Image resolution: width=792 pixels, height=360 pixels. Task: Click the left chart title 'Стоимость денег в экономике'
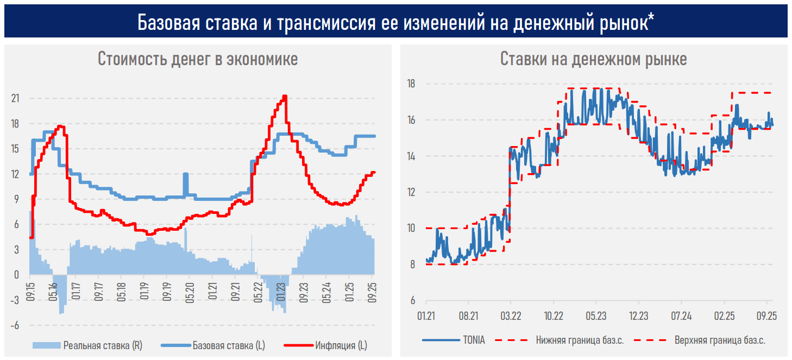[x=198, y=59]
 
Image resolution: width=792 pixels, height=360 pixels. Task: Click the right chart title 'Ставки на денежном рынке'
[x=593, y=59]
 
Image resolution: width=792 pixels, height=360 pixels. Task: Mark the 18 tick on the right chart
[x=411, y=84]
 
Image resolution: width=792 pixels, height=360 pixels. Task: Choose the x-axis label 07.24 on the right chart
[x=681, y=315]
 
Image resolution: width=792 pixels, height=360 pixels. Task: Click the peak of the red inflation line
[x=285, y=97]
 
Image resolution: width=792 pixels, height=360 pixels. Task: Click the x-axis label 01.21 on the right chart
[x=426, y=315]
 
